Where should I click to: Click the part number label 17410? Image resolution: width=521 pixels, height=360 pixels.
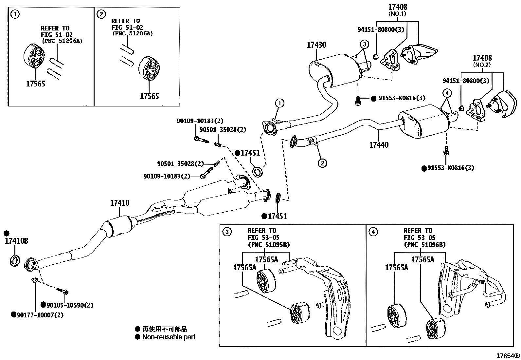pyautogui.click(x=119, y=203)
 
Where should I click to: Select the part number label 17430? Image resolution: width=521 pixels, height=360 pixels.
pyautogui.click(x=316, y=45)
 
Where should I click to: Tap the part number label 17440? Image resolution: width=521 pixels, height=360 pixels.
pyautogui.click(x=379, y=145)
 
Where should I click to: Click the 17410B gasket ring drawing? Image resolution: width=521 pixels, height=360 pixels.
pyautogui.click(x=14, y=260)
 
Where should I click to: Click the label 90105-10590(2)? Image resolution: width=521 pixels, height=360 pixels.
pyautogui.click(x=69, y=305)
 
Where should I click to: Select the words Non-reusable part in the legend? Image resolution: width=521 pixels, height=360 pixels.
pyautogui.click(x=169, y=337)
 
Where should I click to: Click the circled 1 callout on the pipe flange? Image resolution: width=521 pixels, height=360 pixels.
pyautogui.click(x=280, y=103)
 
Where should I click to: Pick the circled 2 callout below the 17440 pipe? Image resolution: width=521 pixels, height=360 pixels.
pyautogui.click(x=322, y=163)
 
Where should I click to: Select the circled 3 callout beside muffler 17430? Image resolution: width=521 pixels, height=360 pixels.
pyautogui.click(x=365, y=44)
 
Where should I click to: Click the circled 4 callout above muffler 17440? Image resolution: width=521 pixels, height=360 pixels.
pyautogui.click(x=447, y=93)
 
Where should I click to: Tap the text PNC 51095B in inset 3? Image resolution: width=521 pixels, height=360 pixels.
pyautogui.click(x=268, y=244)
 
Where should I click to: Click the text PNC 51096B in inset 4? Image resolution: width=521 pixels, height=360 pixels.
pyautogui.click(x=424, y=244)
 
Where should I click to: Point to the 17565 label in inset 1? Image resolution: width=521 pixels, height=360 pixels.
pyautogui.click(x=36, y=84)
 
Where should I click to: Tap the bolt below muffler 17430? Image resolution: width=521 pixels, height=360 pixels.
pyautogui.click(x=358, y=102)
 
